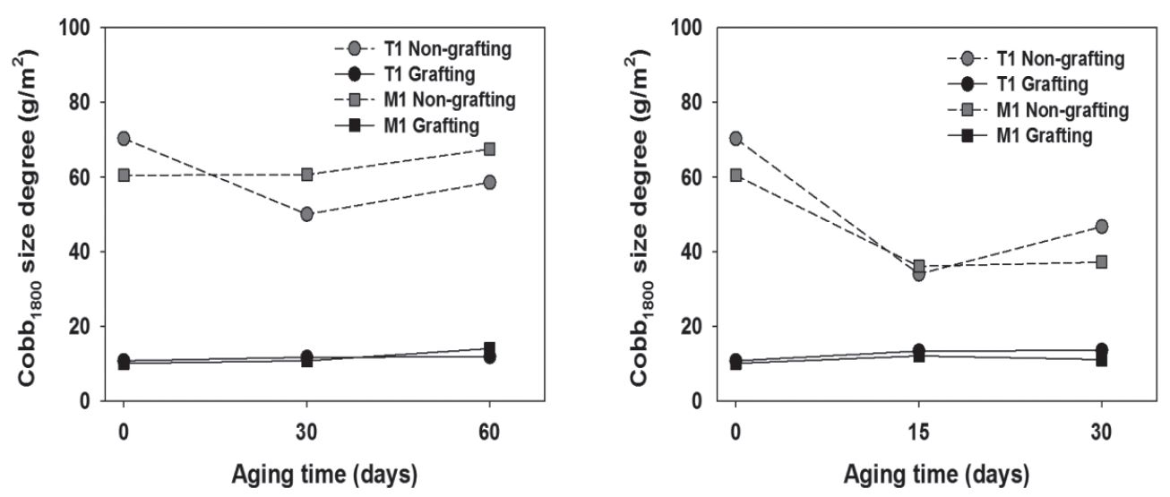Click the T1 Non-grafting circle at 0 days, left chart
tap(124, 139)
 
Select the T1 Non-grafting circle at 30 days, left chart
tap(307, 214)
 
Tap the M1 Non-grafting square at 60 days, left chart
tap(490, 149)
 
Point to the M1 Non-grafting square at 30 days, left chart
tap(307, 174)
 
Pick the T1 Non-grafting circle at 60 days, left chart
tap(490, 182)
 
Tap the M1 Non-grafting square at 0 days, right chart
tap(736, 175)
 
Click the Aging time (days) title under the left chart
tap(306, 472)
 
